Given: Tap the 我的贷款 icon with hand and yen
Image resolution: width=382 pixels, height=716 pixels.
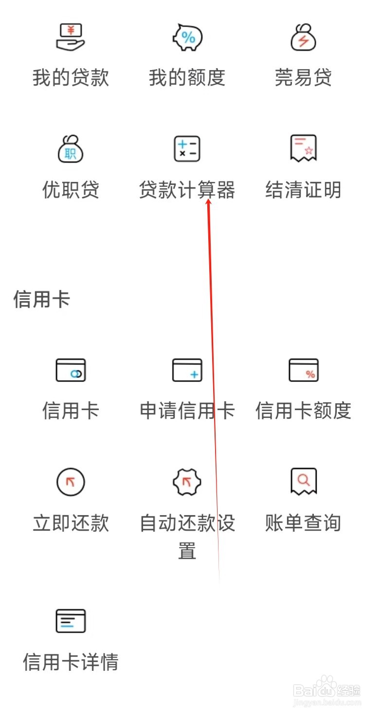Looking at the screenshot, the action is (71, 37).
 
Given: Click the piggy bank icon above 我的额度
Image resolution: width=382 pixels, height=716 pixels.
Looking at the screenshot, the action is (187, 37).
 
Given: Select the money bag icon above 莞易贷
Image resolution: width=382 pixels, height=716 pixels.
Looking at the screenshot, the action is (303, 37).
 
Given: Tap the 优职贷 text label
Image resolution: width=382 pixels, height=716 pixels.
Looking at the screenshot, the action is (71, 190).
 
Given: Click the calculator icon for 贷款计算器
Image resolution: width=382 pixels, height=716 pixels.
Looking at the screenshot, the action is (187, 149).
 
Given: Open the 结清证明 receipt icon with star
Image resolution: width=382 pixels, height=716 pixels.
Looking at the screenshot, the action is (303, 148).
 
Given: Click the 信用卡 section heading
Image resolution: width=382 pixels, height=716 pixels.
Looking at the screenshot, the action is (42, 299).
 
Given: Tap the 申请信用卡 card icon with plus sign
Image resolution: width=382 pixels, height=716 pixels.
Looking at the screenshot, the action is (187, 370).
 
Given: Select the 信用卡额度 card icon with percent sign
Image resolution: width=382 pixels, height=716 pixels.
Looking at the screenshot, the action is (303, 370).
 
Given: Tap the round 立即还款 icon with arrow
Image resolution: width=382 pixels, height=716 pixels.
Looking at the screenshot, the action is (71, 482).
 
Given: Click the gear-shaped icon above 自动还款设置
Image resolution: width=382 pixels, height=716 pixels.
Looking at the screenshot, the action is (187, 482).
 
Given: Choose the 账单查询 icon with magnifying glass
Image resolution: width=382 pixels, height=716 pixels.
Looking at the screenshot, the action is (303, 481).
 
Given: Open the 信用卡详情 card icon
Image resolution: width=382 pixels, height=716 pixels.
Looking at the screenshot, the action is (71, 621).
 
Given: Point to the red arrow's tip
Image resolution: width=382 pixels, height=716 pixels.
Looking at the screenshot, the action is (209, 201).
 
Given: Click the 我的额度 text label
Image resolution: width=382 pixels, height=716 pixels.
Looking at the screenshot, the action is (187, 78).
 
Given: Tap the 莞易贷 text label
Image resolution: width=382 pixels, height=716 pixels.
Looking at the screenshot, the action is (303, 78).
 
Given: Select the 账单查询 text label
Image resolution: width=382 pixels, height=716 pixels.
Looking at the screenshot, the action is (303, 523).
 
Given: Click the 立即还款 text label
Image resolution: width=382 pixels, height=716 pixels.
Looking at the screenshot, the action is (71, 523).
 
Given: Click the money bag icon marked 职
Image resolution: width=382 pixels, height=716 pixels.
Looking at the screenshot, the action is (71, 149).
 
